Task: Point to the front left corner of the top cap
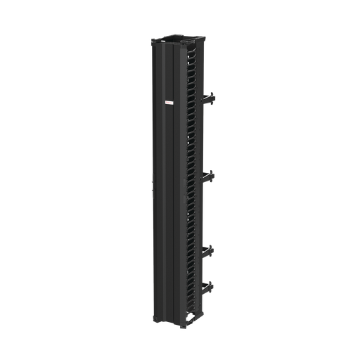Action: [x=150, y=41]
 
